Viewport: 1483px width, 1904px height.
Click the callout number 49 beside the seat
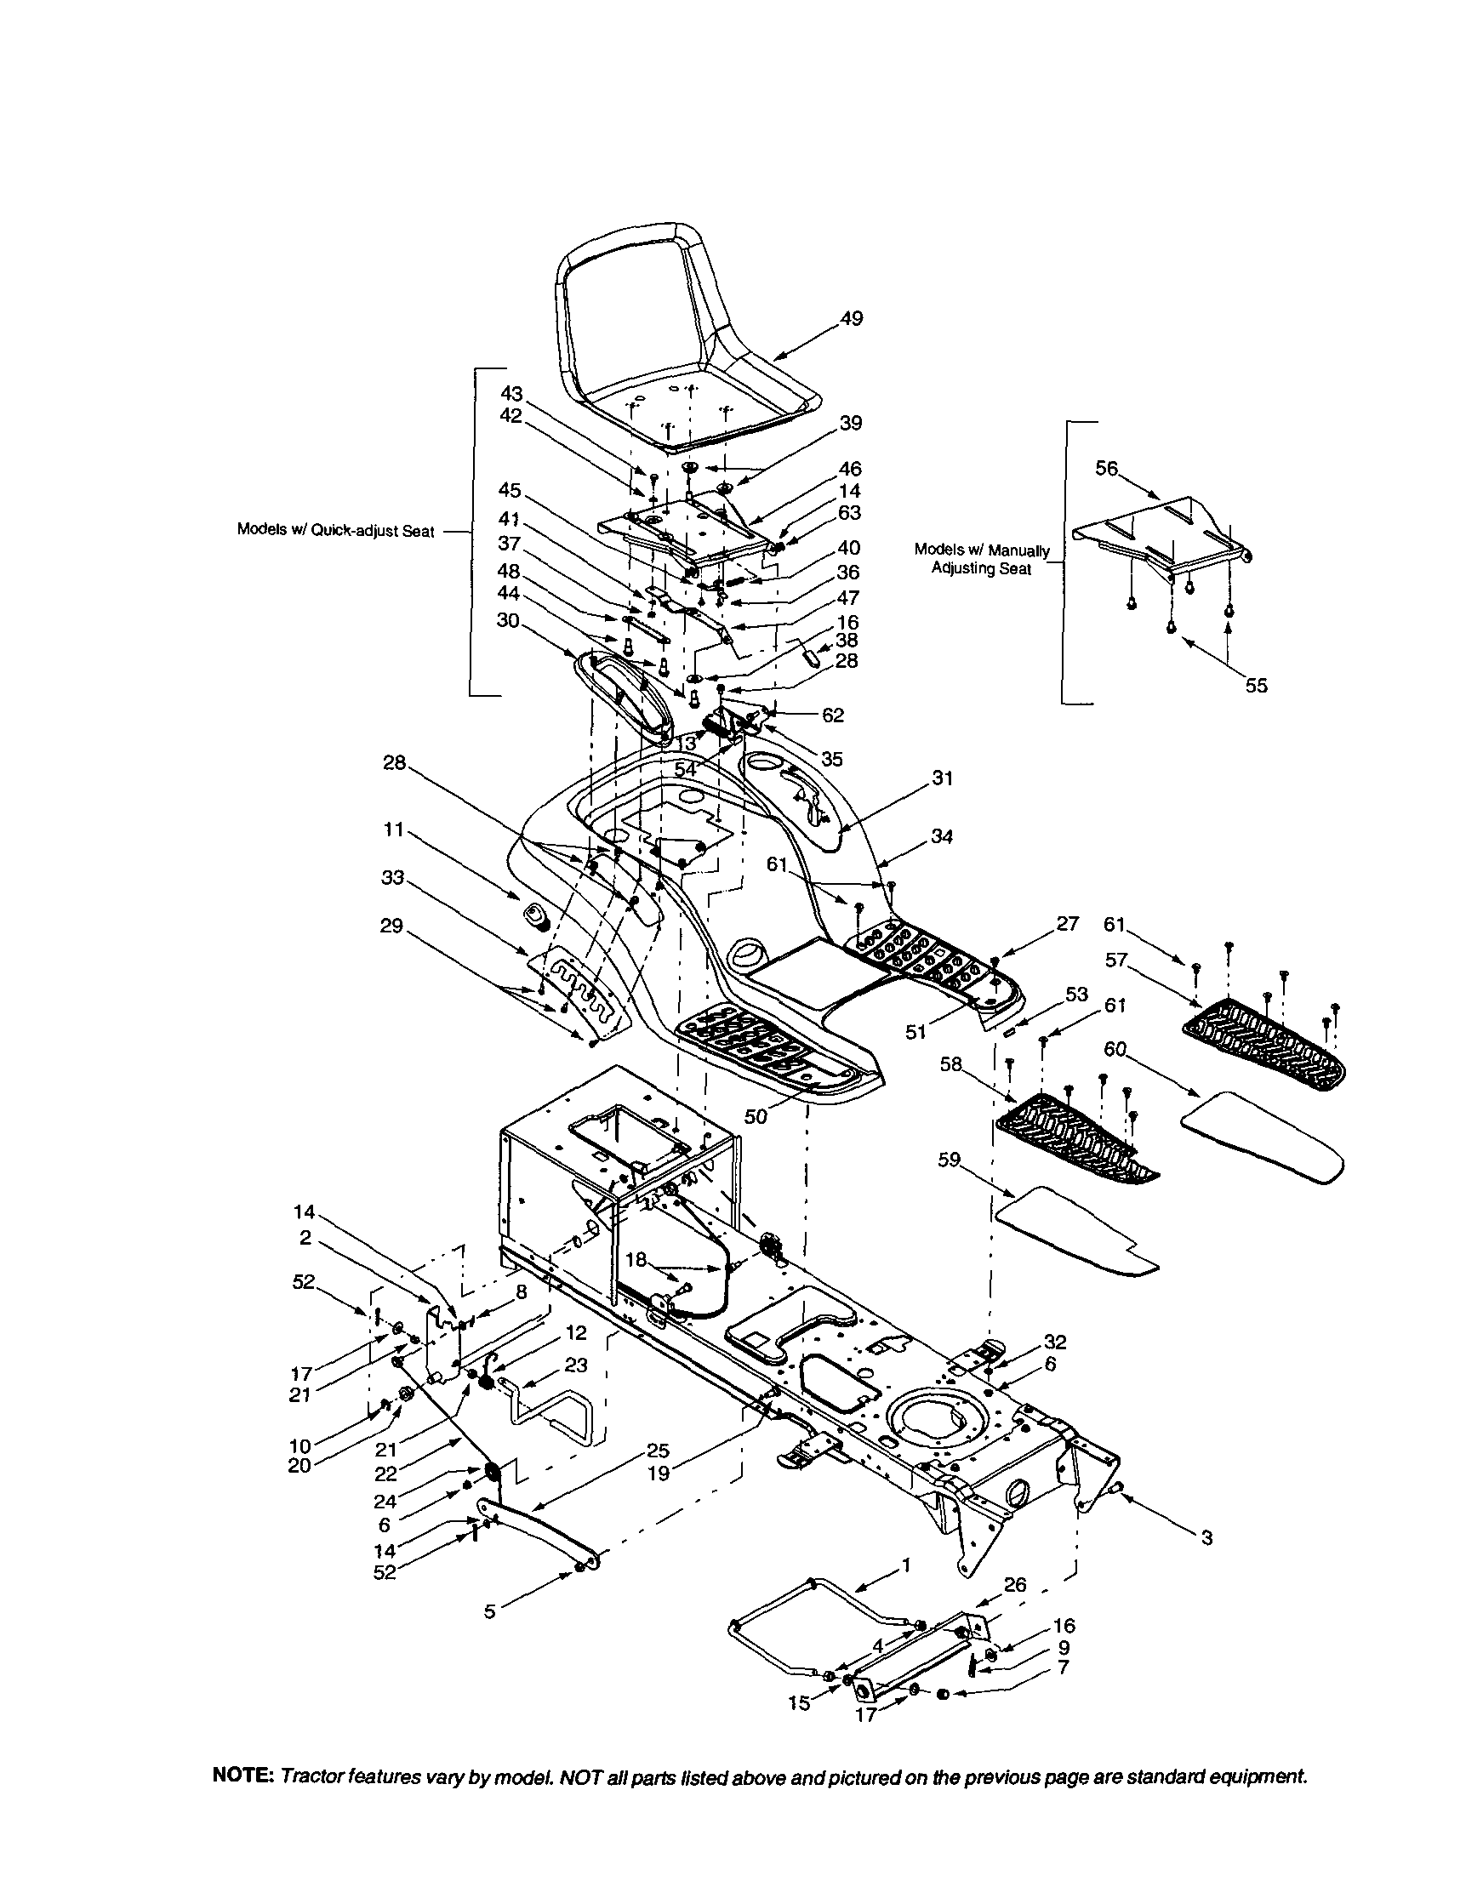(x=852, y=319)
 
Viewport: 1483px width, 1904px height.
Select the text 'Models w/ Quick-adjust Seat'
(x=336, y=531)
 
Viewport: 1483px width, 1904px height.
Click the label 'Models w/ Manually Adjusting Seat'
(x=982, y=560)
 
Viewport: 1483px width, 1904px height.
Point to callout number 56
(x=1106, y=468)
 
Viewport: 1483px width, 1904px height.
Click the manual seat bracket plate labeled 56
(x=1160, y=532)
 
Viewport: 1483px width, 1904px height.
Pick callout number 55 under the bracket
(x=1256, y=686)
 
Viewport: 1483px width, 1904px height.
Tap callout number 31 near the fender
(x=943, y=778)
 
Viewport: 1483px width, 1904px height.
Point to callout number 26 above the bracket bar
(x=1015, y=1584)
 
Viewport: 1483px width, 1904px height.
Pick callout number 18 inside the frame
(x=636, y=1260)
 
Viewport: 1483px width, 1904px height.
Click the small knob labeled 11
(x=533, y=915)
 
